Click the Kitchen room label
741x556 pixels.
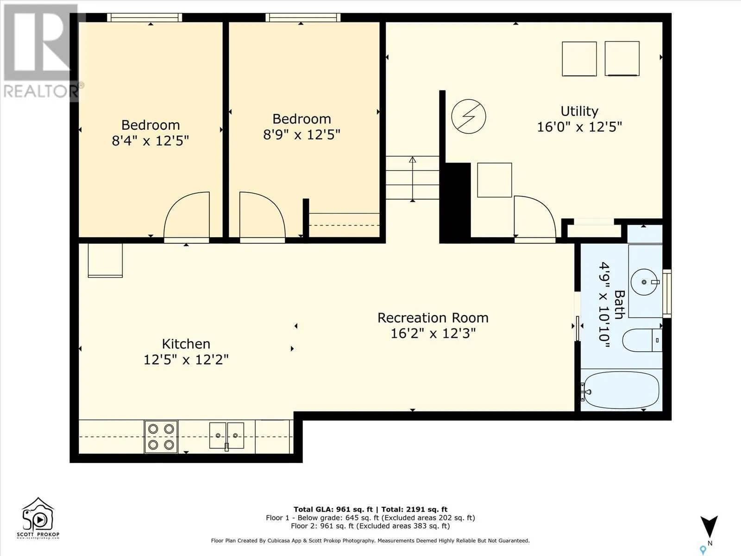[x=186, y=344]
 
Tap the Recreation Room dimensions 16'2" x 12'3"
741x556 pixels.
[x=433, y=334]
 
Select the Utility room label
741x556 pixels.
[x=579, y=111]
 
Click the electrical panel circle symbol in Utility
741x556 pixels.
[x=469, y=116]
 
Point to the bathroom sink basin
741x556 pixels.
[x=644, y=282]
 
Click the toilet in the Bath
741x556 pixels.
[x=642, y=340]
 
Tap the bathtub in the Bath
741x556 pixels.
[x=621, y=390]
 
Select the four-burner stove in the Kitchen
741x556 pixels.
[x=161, y=436]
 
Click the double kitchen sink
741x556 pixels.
[x=226, y=436]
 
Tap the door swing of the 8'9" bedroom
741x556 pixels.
[x=263, y=215]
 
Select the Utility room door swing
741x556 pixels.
[x=535, y=216]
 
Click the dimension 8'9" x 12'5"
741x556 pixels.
[x=301, y=135]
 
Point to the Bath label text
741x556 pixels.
[x=619, y=304]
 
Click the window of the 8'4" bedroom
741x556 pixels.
[x=144, y=18]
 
